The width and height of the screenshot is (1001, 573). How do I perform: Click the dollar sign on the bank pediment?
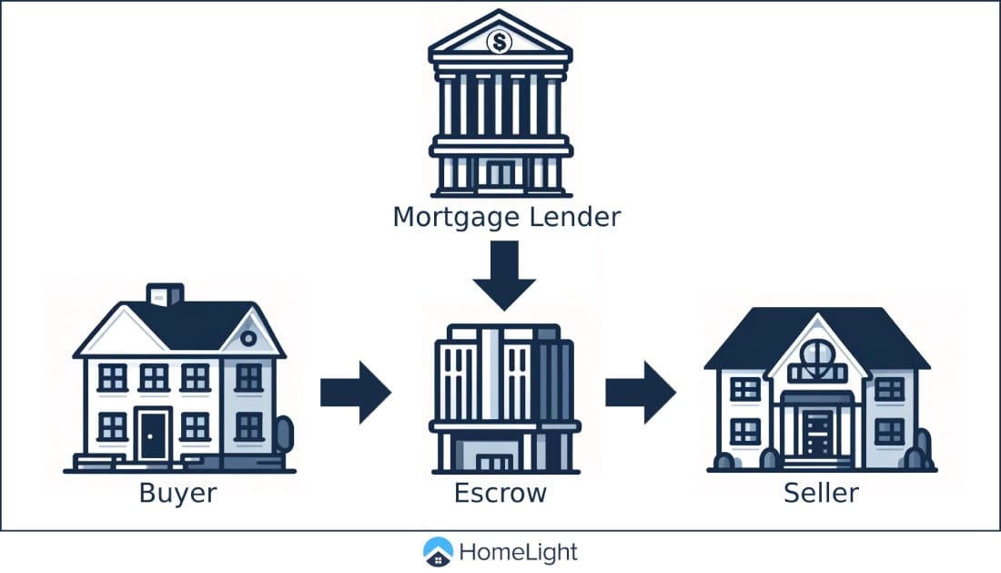(500, 41)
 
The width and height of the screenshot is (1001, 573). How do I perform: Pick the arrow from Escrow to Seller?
(641, 393)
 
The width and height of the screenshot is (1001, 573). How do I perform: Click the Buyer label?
(178, 494)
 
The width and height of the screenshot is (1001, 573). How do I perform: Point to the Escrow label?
(500, 494)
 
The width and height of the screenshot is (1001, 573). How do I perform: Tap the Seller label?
(821, 494)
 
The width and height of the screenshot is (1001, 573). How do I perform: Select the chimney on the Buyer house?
(164, 295)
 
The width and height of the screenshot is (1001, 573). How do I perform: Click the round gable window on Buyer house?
(248, 337)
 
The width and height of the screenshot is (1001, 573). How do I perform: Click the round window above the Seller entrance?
(816, 351)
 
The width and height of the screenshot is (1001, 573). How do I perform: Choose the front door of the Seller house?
(816, 433)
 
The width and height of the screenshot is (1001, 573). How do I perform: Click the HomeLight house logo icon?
(439, 552)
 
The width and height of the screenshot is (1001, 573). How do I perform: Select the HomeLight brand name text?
(518, 552)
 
